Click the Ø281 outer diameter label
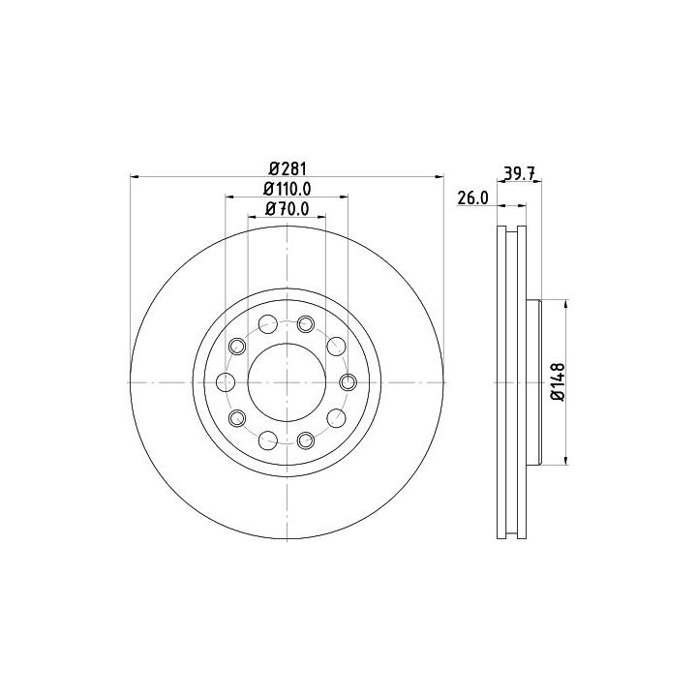coord(288,169)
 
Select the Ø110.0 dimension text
coord(288,190)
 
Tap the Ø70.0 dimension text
coord(288,209)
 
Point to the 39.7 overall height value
coord(519,172)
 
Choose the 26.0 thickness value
coord(473,198)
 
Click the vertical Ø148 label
coord(558,382)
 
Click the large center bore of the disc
coord(287,382)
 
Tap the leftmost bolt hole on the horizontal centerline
coord(226,382)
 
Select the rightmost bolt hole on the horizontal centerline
coord(348,382)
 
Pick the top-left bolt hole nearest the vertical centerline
coord(268,324)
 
